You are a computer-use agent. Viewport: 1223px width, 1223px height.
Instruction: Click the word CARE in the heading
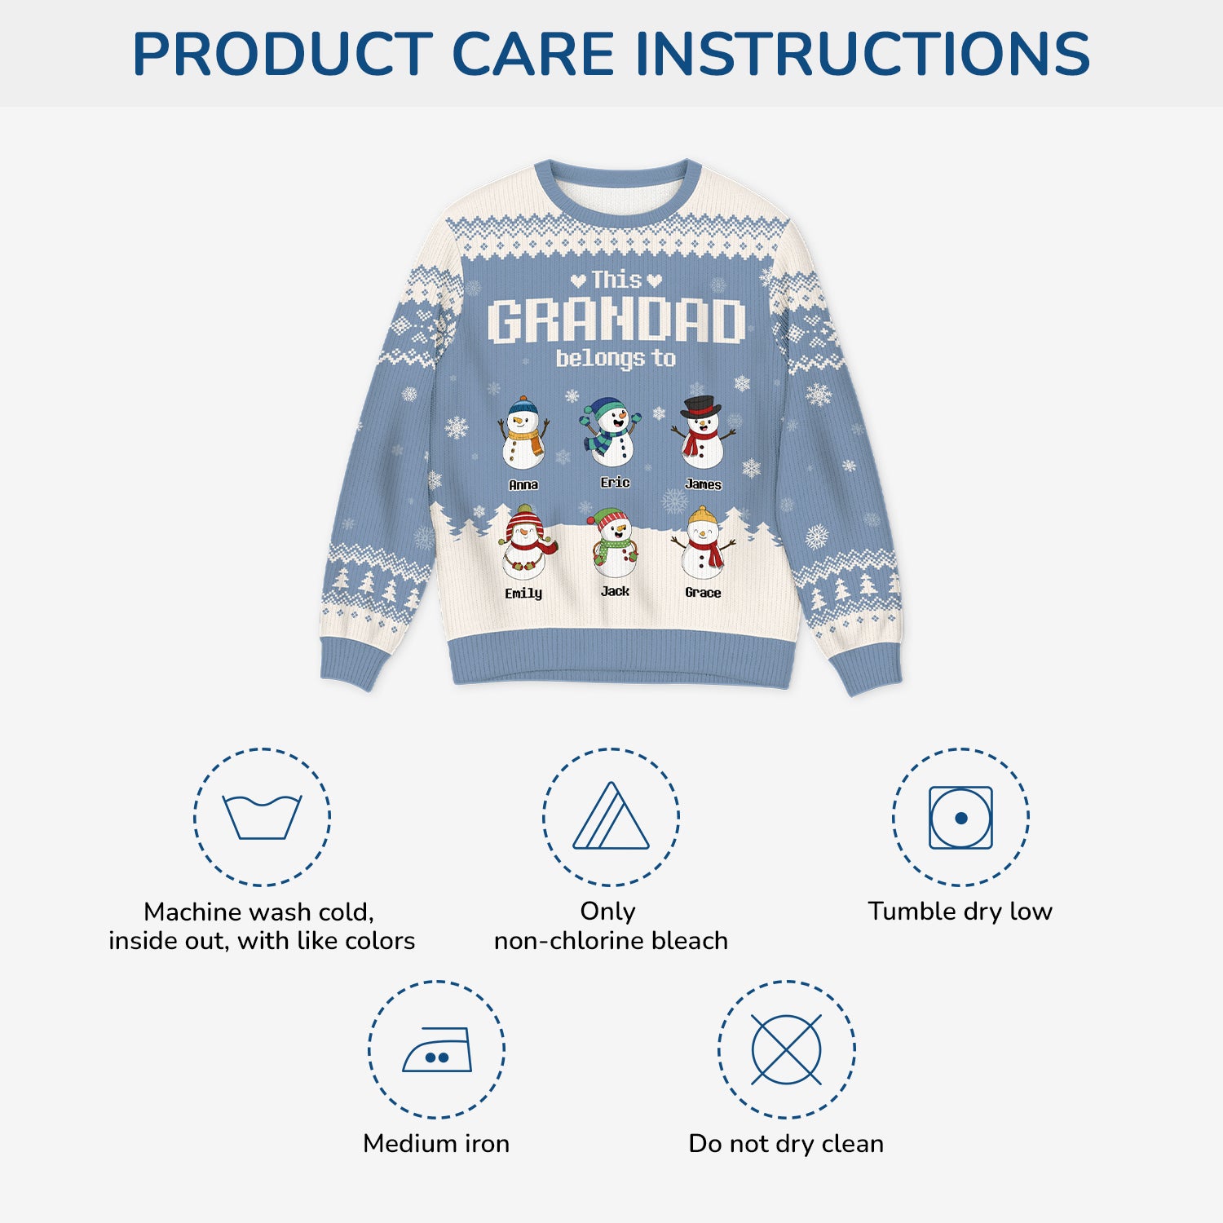532,54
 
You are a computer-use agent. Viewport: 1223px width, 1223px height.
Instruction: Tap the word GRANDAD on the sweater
616,320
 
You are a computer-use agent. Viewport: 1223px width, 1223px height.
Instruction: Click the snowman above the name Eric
612,432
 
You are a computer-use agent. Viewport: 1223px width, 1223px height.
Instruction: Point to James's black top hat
700,406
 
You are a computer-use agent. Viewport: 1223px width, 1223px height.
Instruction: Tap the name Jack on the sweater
615,591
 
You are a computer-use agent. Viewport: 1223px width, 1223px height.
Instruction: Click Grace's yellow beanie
702,516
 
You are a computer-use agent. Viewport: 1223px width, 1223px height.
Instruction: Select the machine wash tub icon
263,817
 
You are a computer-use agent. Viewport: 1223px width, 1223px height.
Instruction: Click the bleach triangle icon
611,816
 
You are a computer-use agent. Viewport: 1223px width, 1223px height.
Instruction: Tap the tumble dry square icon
960,817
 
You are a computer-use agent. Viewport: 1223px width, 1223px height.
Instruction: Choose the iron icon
438,1049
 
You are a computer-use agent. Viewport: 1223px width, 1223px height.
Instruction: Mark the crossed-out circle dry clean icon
786,1049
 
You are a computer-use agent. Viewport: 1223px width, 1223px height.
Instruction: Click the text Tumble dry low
960,911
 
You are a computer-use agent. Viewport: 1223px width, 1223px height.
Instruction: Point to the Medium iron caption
436,1143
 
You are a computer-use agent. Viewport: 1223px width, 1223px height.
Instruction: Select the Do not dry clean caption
786,1143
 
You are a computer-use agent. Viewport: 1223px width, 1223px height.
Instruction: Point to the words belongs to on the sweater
616,358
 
